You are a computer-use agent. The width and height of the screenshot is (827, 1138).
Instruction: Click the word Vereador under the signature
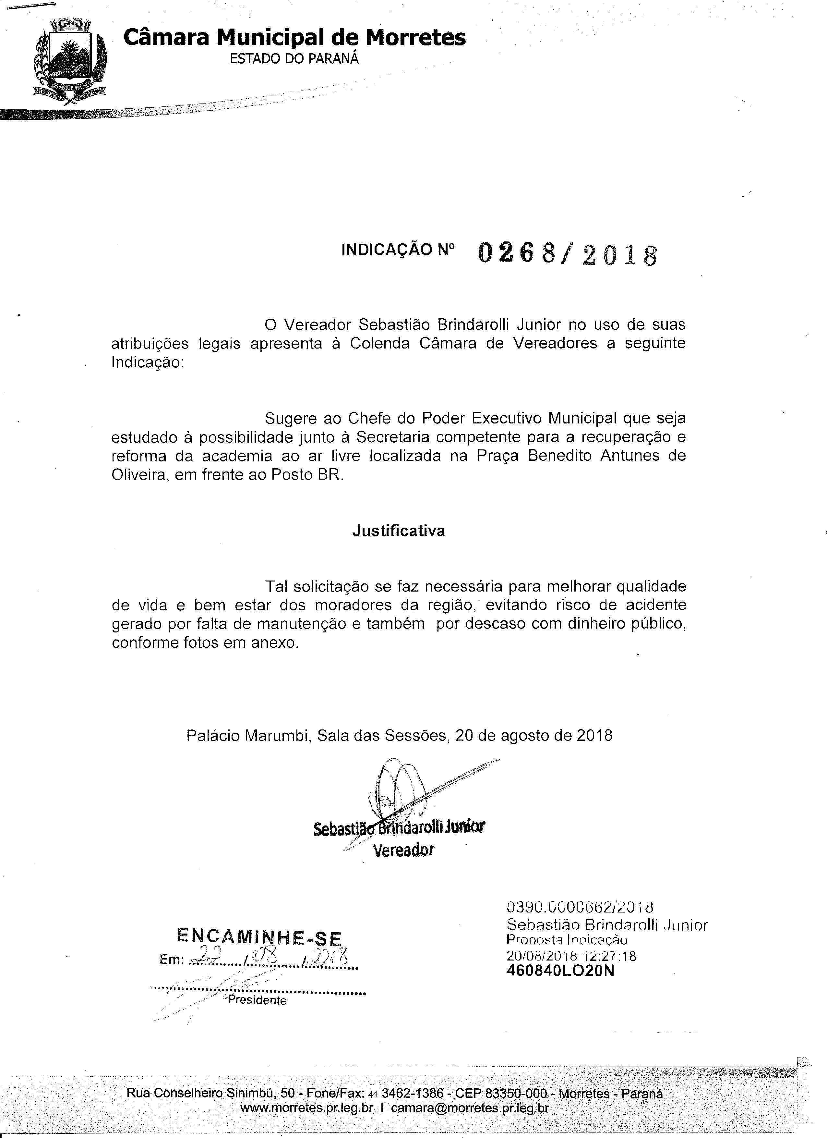click(404, 850)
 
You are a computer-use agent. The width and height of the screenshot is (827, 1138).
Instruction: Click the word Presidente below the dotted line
click(257, 1000)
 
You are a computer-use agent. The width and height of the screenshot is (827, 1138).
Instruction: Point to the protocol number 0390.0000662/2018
click(580, 907)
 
